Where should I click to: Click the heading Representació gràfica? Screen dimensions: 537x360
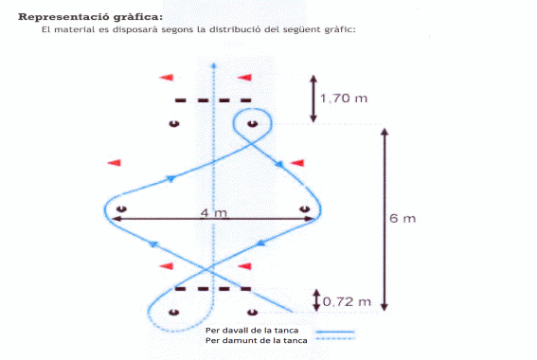[90, 17]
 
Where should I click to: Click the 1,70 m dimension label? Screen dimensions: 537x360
[344, 99]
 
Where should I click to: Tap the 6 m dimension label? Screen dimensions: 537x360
[403, 218]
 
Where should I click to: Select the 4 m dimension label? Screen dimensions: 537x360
[214, 213]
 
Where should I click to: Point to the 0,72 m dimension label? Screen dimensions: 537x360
[347, 302]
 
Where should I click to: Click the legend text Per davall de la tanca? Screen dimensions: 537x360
[252, 331]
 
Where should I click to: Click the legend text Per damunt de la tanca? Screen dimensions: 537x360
[256, 340]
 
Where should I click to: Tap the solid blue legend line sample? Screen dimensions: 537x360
[335, 332]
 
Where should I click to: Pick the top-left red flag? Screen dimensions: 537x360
[167, 78]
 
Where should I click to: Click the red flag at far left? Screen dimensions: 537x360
[115, 163]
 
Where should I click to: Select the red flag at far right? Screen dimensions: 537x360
[297, 163]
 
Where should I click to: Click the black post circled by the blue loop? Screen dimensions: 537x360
[253, 124]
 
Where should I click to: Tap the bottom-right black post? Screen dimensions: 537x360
[253, 313]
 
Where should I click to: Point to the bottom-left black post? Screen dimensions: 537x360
[174, 313]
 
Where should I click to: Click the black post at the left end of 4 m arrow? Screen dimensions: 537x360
[121, 209]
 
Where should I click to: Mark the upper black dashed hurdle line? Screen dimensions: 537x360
[213, 100]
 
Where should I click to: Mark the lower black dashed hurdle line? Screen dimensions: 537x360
[213, 289]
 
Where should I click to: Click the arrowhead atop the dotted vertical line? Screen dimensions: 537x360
[214, 65]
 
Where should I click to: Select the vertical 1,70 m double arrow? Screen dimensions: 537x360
[313, 99]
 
